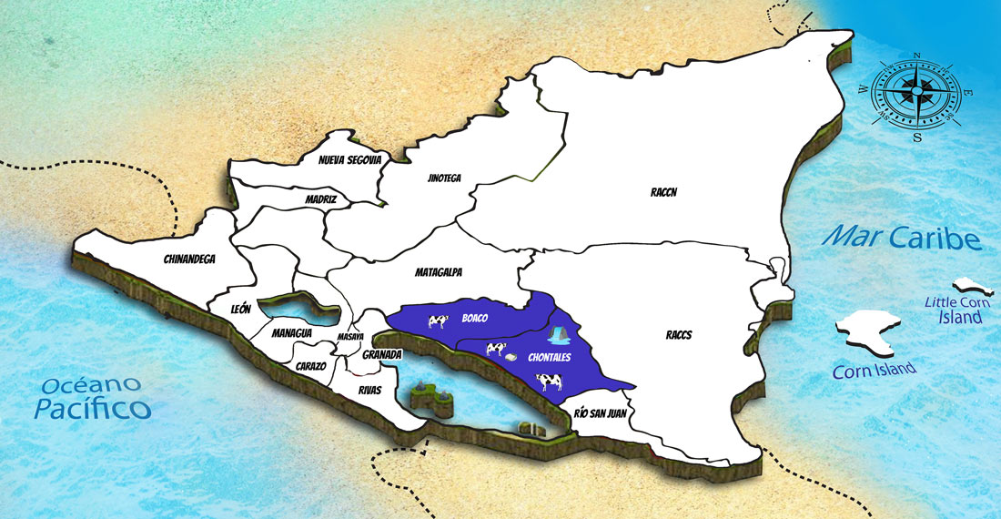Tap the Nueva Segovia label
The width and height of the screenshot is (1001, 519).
[x=349, y=160]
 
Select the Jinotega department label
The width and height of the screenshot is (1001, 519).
[x=443, y=178]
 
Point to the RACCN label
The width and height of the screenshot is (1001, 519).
[x=664, y=192]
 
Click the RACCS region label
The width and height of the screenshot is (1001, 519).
[x=678, y=335]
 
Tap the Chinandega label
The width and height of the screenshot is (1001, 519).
[x=189, y=259]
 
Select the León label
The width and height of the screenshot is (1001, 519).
[x=241, y=310]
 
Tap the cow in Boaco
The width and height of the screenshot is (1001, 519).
[x=438, y=321]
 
